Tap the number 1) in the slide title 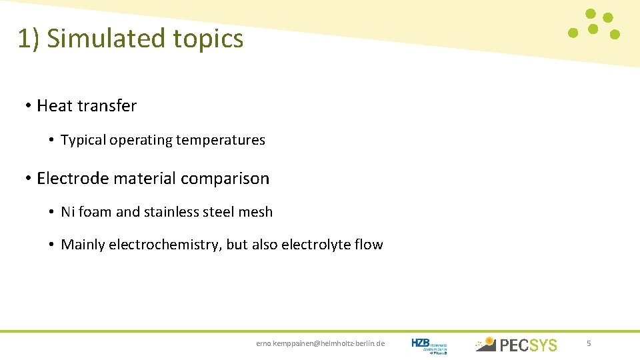29,39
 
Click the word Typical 83,140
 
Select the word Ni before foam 67,212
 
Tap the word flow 369,245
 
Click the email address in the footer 321,343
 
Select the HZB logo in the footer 429,344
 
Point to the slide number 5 589,343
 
